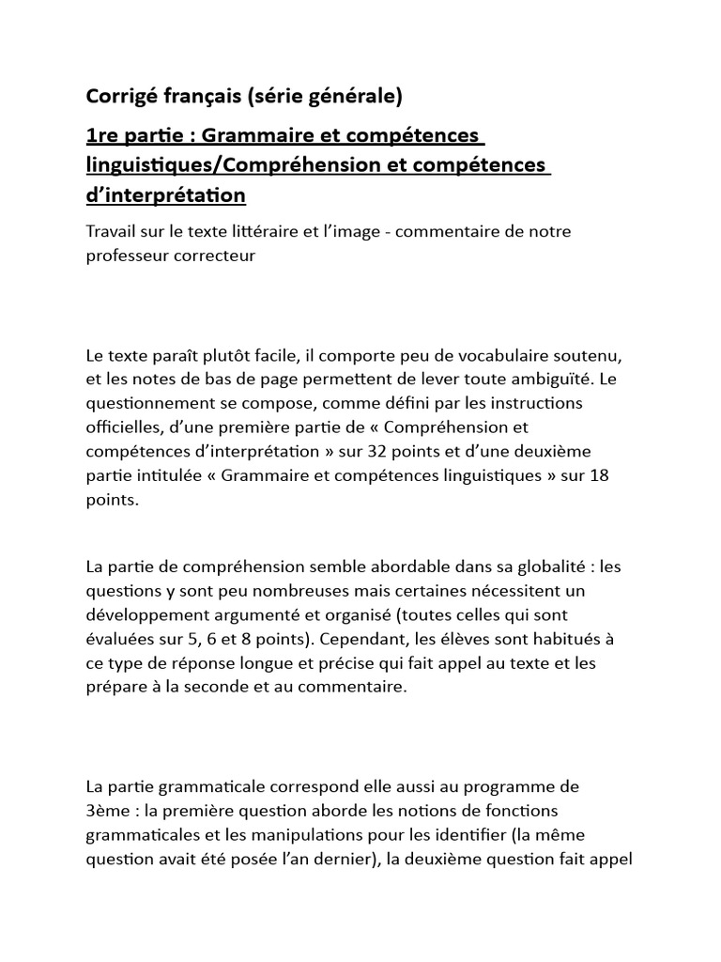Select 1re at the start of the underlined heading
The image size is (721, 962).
101,136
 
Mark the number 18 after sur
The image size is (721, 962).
599,477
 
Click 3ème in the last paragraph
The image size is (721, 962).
108,811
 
